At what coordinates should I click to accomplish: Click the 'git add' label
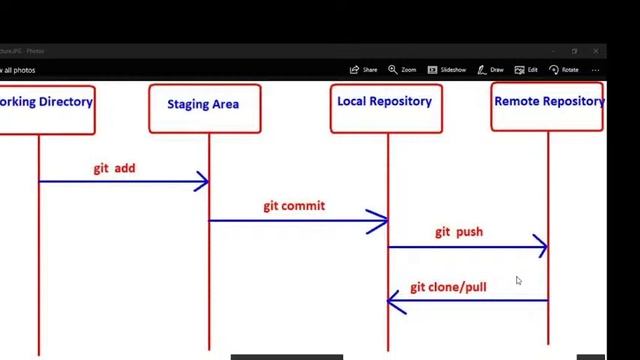pyautogui.click(x=114, y=168)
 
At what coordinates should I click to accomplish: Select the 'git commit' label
pyautogui.click(x=294, y=206)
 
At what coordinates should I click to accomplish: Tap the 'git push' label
pyautogui.click(x=459, y=232)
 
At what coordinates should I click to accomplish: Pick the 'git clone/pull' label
pyautogui.click(x=448, y=287)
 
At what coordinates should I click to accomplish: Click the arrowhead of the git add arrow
pyautogui.click(x=202, y=181)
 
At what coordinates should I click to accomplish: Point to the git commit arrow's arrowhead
pyautogui.click(x=381, y=221)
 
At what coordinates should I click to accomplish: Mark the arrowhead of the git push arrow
pyautogui.click(x=541, y=246)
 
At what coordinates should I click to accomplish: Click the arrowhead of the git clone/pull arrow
pyautogui.click(x=395, y=300)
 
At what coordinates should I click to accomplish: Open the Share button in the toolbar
pyautogui.click(x=364, y=70)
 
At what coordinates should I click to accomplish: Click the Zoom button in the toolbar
pyautogui.click(x=402, y=70)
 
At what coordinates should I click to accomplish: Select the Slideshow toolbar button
pyautogui.click(x=447, y=70)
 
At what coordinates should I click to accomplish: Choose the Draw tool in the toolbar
pyautogui.click(x=490, y=70)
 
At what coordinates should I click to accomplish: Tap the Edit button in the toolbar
pyautogui.click(x=526, y=70)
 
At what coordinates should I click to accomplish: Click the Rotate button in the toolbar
pyautogui.click(x=564, y=70)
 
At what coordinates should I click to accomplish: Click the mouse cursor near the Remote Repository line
pyautogui.click(x=518, y=281)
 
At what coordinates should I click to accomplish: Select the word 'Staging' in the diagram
pyautogui.click(x=187, y=104)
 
